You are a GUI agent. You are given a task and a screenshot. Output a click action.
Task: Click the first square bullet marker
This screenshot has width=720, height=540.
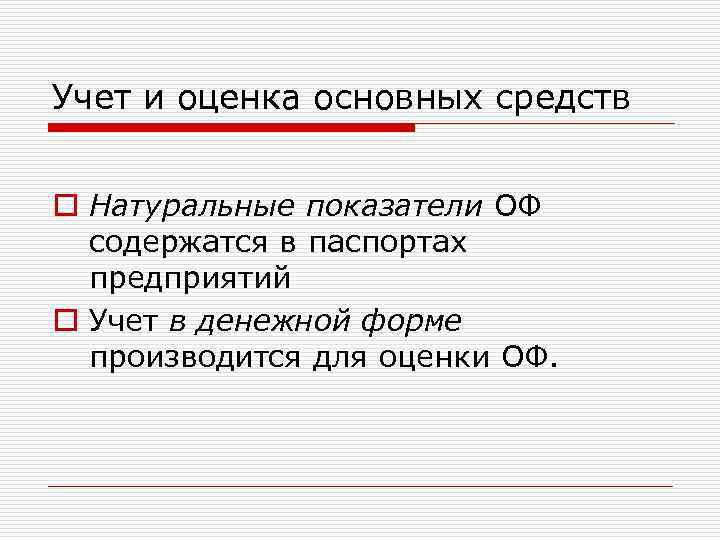[63, 207]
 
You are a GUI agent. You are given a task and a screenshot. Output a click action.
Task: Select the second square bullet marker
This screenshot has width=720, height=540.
[63, 322]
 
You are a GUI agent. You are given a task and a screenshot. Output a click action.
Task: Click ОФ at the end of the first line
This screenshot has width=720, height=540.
[517, 207]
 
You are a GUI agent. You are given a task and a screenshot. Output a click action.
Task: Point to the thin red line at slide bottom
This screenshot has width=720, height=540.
[360, 486]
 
